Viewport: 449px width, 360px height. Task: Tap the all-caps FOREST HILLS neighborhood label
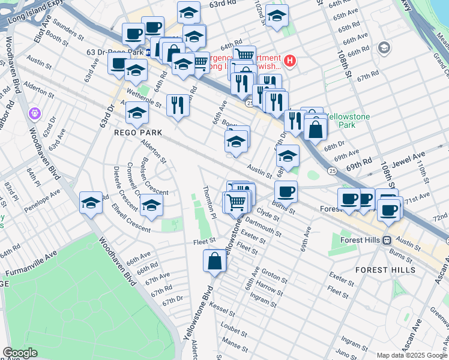[x=385, y=270]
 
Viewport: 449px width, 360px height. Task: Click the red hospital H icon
[x=291, y=61]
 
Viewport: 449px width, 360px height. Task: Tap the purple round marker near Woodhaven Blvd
[x=34, y=113]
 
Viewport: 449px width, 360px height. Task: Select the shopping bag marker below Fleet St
[x=214, y=262]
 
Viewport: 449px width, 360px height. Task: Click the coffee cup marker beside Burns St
[x=286, y=191]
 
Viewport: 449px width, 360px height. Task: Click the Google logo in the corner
[x=20, y=353]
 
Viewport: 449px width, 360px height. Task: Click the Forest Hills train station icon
[x=387, y=240]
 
